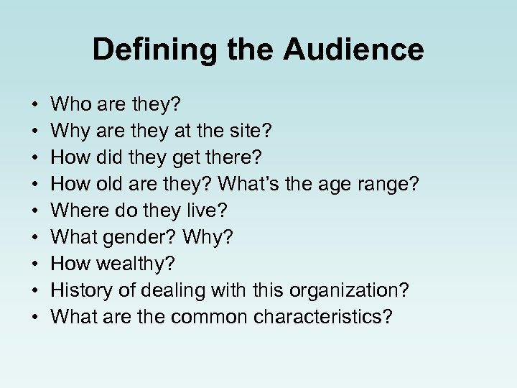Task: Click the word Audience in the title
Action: tap(353, 50)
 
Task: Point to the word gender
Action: tap(141, 238)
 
